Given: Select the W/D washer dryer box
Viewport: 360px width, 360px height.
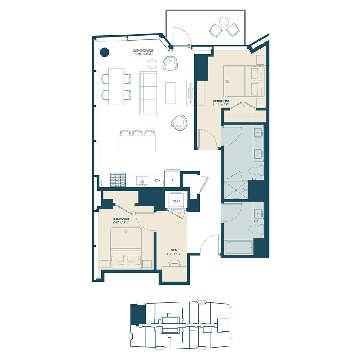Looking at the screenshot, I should coord(176,200).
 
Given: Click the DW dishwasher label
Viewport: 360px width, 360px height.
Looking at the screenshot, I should coord(157,180).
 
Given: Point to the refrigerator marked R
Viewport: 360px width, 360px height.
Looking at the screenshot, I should coord(172,180).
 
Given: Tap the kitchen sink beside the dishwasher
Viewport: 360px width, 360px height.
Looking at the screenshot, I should coord(140,181).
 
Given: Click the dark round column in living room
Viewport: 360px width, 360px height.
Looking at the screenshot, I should coord(105,52).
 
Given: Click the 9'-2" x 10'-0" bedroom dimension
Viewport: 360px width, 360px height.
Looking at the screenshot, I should coord(124,222).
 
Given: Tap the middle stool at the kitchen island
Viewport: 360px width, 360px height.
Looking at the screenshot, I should coord(137,133).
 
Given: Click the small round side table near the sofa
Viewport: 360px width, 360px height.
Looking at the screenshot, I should coord(153,64).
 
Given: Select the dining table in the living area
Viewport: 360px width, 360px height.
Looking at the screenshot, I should coord(116,86).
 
